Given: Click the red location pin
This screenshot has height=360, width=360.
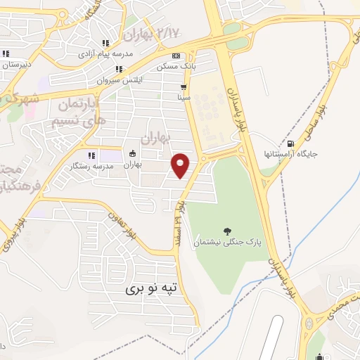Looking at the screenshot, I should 181,165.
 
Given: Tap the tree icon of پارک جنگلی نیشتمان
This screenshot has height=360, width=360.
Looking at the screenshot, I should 226,231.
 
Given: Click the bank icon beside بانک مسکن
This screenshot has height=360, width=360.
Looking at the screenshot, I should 176,56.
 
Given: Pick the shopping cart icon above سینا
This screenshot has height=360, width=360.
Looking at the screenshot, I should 184,88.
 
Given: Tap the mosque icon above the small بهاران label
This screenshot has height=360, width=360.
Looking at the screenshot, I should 133,154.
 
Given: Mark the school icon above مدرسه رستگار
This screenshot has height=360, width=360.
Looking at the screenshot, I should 90,155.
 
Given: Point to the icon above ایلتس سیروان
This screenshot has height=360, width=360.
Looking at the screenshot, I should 119,69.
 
